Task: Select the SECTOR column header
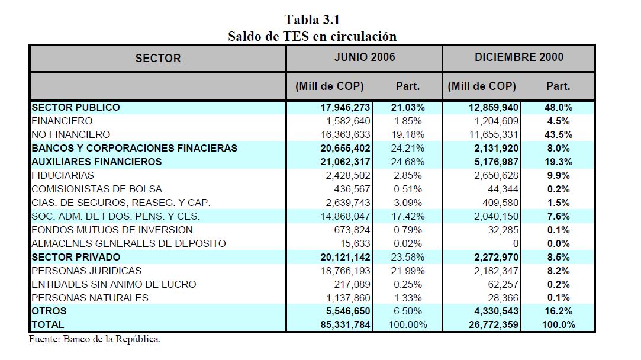158,58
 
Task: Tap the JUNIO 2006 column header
365,57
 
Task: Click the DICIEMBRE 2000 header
518,57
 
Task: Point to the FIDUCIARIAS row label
63,175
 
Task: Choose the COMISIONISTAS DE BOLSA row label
96,189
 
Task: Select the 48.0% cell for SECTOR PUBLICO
557,107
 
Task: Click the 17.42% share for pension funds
407,216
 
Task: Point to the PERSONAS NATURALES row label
90,298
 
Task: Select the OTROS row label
49,311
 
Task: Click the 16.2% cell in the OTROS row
557,311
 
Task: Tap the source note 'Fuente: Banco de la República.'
95,339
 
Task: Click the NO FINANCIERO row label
70,134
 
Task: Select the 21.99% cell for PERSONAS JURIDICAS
407,271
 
